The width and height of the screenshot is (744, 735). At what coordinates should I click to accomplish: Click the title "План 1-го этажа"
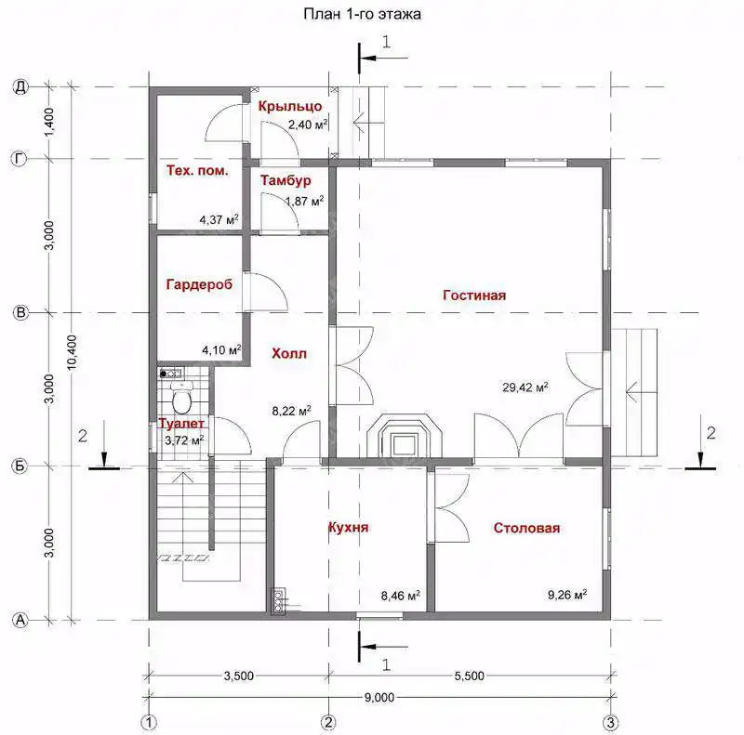[362, 14]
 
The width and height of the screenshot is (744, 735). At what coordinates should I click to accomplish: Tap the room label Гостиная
[474, 295]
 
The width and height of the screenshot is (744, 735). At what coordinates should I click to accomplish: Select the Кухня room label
[348, 527]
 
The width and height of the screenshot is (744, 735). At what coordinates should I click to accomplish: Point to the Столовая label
[526, 528]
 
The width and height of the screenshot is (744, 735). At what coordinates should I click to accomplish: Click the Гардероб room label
[199, 284]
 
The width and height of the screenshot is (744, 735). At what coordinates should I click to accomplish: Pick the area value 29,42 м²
[525, 387]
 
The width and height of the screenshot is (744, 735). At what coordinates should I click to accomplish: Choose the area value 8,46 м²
[400, 595]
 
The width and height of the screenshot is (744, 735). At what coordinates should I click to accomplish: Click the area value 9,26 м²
[567, 594]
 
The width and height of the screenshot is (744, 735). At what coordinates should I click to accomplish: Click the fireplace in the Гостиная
[405, 437]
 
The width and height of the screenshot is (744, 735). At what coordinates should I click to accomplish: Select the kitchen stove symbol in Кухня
[277, 601]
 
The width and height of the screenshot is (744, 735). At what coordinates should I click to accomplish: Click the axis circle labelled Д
[20, 86]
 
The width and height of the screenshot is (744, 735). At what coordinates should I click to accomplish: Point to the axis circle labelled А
[20, 620]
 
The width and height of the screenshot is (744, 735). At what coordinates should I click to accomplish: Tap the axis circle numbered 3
[610, 723]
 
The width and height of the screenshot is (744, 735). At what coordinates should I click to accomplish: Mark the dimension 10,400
[72, 352]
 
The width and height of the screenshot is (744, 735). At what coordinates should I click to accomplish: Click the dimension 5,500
[470, 676]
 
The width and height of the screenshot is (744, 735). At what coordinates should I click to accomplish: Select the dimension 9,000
[379, 698]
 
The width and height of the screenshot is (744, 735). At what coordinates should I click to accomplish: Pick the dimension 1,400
[49, 122]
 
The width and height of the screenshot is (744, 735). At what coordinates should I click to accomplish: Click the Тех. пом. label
[197, 170]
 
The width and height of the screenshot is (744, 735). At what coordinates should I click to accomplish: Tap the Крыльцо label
[290, 106]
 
